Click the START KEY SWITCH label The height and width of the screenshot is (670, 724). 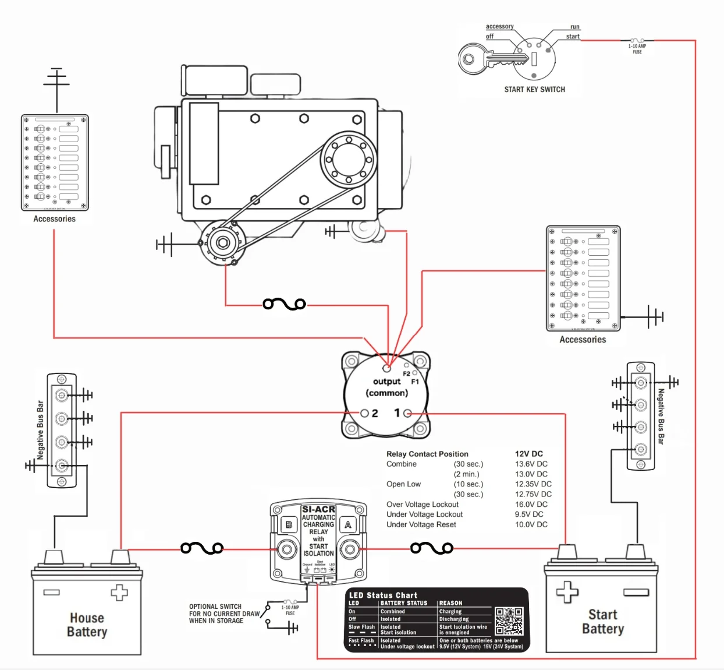pos(534,90)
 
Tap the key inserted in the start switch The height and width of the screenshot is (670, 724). pos(486,59)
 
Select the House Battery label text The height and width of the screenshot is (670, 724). pos(87,625)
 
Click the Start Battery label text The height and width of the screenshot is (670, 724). pos(603,622)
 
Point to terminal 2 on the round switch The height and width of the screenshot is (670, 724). pos(365,413)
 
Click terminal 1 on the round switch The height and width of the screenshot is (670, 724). pos(407,413)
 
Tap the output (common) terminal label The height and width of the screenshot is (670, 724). pos(387,387)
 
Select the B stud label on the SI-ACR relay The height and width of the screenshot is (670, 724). pos(289,524)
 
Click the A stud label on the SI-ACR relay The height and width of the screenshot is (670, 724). pos(348,524)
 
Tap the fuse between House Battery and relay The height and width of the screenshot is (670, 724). pos(202,548)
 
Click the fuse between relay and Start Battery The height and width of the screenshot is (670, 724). pos(431,548)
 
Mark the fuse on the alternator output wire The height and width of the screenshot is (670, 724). pos(284,304)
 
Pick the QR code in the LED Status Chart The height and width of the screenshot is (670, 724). pos(509,621)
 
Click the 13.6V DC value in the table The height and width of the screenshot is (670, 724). pos(531,464)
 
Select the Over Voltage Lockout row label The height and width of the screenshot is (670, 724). pos(422,505)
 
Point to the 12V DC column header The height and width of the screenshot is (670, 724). pos(528,454)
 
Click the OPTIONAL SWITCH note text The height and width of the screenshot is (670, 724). pos(224,613)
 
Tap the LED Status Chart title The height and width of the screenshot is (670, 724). pos(383,595)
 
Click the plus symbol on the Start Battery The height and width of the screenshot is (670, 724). pos(567,592)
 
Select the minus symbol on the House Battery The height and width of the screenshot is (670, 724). pos(51,593)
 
